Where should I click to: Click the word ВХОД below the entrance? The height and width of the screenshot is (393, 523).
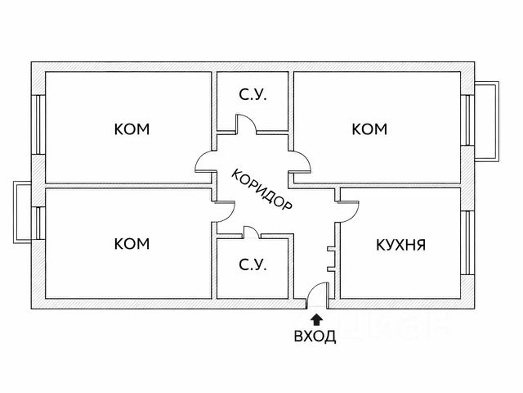[315, 337]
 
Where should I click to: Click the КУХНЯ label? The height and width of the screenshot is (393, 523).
[400, 244]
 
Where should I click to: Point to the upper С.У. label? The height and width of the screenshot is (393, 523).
[253, 96]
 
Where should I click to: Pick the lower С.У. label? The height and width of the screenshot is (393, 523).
[253, 266]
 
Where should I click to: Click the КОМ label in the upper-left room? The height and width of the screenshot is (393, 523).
[132, 129]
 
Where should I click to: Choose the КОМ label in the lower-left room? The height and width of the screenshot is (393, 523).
[132, 243]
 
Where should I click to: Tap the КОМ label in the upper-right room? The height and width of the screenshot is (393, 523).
[369, 129]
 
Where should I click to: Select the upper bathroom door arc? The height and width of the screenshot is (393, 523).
[246, 124]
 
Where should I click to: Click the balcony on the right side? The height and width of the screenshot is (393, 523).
[487, 120]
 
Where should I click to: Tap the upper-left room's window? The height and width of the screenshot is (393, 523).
[37, 123]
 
